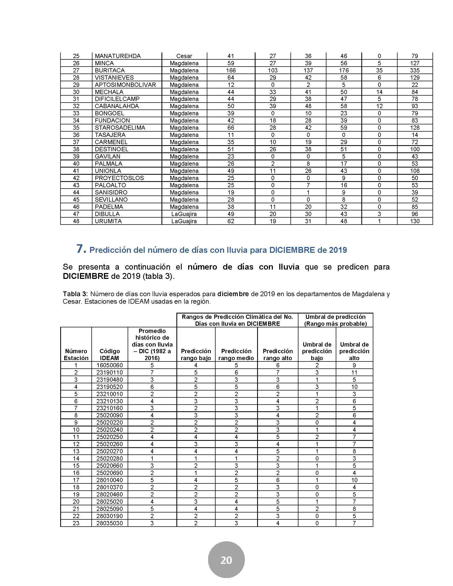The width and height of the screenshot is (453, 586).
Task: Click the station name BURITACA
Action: point(110,70)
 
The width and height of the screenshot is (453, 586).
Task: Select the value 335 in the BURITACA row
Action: point(415,70)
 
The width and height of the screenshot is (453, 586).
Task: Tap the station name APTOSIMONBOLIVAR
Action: point(125,85)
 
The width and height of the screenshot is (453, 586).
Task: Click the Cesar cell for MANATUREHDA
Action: point(184,56)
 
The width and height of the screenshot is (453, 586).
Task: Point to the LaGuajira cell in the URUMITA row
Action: point(184,221)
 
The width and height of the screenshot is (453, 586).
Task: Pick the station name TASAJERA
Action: point(110,135)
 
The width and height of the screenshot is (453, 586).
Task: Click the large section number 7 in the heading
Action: point(81,249)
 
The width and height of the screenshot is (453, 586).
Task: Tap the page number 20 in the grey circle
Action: point(226,560)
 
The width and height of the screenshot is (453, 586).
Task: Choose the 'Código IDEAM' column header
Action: point(110,355)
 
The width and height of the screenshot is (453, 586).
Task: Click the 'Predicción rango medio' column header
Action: point(236,355)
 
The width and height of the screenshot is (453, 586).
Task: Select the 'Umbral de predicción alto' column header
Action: point(354,351)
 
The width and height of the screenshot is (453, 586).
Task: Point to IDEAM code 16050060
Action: point(110,365)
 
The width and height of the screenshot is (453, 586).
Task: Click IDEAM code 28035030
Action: point(110,523)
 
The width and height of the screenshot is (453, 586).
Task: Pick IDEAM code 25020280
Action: point(110,459)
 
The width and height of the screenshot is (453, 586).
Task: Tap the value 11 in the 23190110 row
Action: point(354,372)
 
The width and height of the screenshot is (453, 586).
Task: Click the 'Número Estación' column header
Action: point(76,355)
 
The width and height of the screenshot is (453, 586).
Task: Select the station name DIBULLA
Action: point(107,214)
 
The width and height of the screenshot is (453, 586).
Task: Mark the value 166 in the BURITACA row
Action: point(231,70)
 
